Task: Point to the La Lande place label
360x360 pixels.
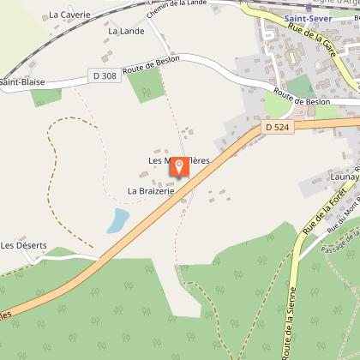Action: pos(125,31)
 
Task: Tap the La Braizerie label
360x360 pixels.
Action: pos(151,190)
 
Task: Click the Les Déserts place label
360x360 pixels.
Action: pos(23,245)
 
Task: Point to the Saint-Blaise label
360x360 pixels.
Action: pos(21,82)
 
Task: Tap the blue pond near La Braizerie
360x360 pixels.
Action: pos(117,221)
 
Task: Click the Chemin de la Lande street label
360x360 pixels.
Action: pos(176,12)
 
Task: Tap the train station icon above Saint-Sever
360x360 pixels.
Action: pos(309,6)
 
